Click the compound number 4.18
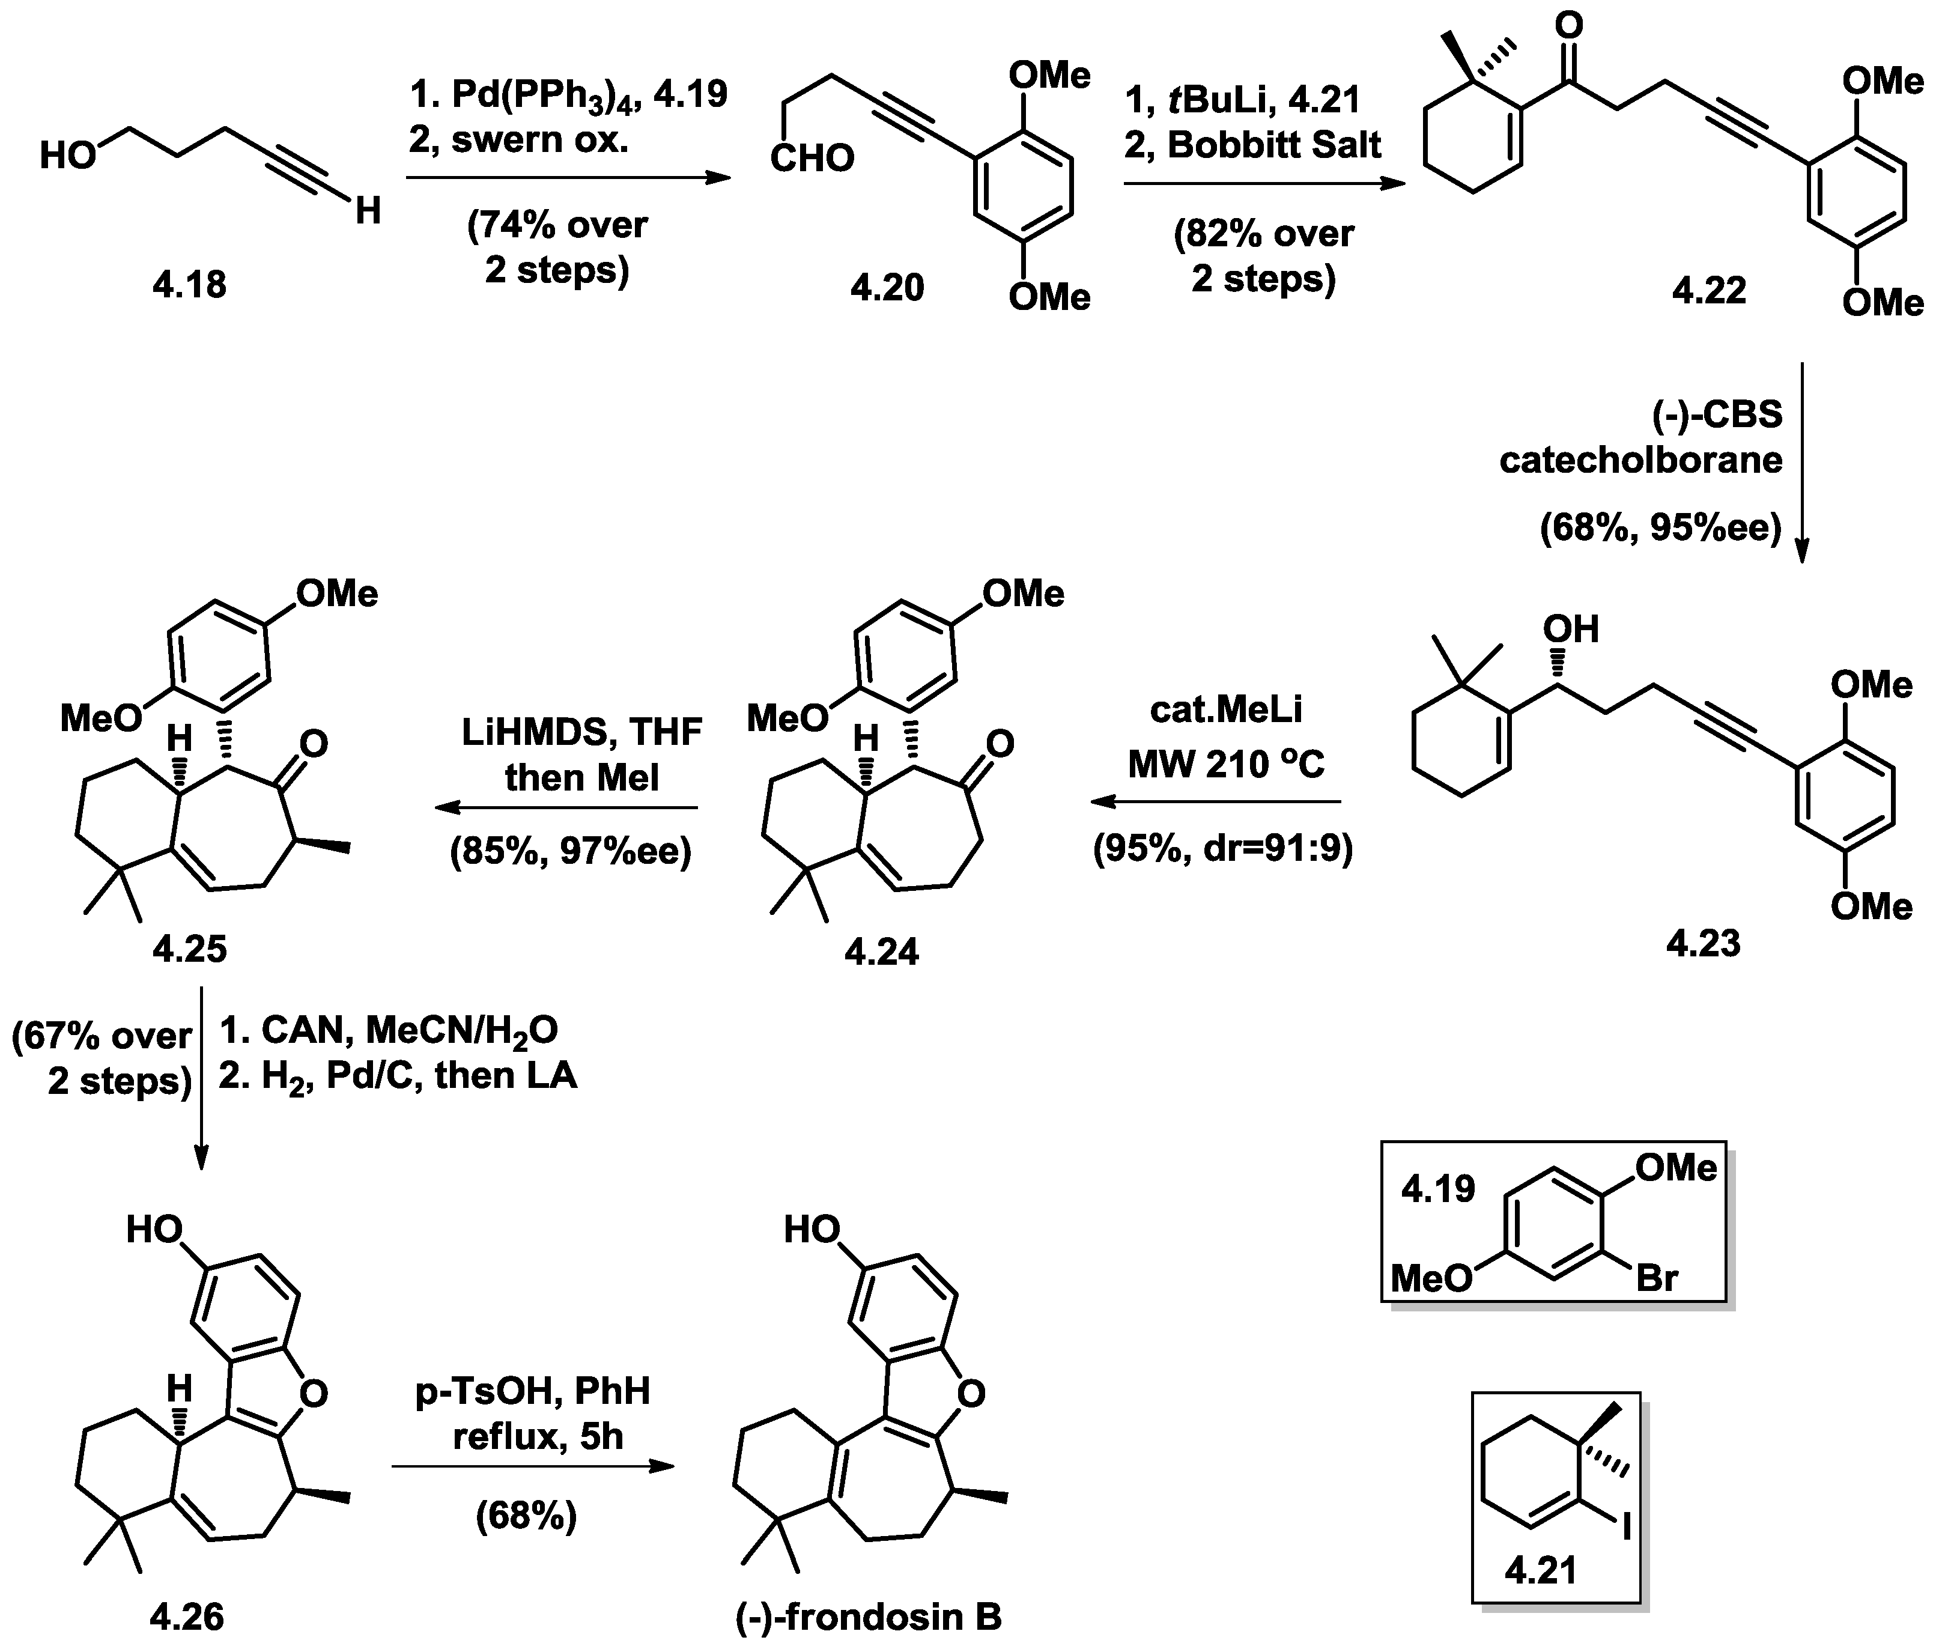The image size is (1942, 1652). coord(189,284)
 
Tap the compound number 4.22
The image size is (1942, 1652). coord(1709,290)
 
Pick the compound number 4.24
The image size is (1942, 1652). coord(881,952)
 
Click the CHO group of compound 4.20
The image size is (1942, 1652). coord(812,157)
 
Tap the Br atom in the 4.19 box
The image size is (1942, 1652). coord(1657,1277)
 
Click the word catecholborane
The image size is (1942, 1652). coord(1640,460)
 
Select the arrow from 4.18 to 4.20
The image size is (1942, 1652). coord(568,178)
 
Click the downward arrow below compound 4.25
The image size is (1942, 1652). coord(201,1077)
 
